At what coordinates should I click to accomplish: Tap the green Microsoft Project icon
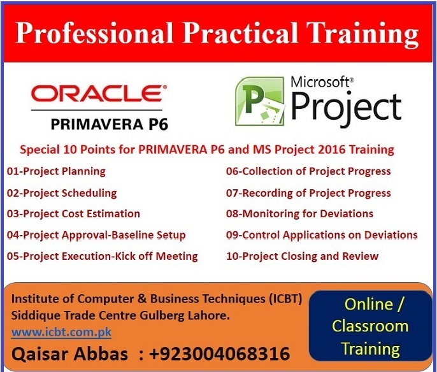point(260,101)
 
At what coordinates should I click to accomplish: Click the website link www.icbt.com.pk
point(61,332)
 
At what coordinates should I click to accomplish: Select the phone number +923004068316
point(220,354)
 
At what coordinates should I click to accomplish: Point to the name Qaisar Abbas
point(69,354)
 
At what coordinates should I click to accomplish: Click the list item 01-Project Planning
point(56,171)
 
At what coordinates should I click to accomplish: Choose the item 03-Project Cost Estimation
point(73,214)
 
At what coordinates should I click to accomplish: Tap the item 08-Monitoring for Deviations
point(299,214)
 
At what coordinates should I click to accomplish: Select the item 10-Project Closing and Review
point(303,256)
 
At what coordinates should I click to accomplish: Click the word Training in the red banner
point(362,34)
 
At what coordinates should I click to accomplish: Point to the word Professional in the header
point(94,33)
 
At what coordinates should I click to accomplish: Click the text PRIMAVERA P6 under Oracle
point(110,124)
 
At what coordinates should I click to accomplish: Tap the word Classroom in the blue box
point(370,326)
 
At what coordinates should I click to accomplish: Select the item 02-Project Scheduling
point(62,193)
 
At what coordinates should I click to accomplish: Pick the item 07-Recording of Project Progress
point(308,193)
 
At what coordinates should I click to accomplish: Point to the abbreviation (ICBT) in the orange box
point(285,299)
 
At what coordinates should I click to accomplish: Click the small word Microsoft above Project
point(320,82)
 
